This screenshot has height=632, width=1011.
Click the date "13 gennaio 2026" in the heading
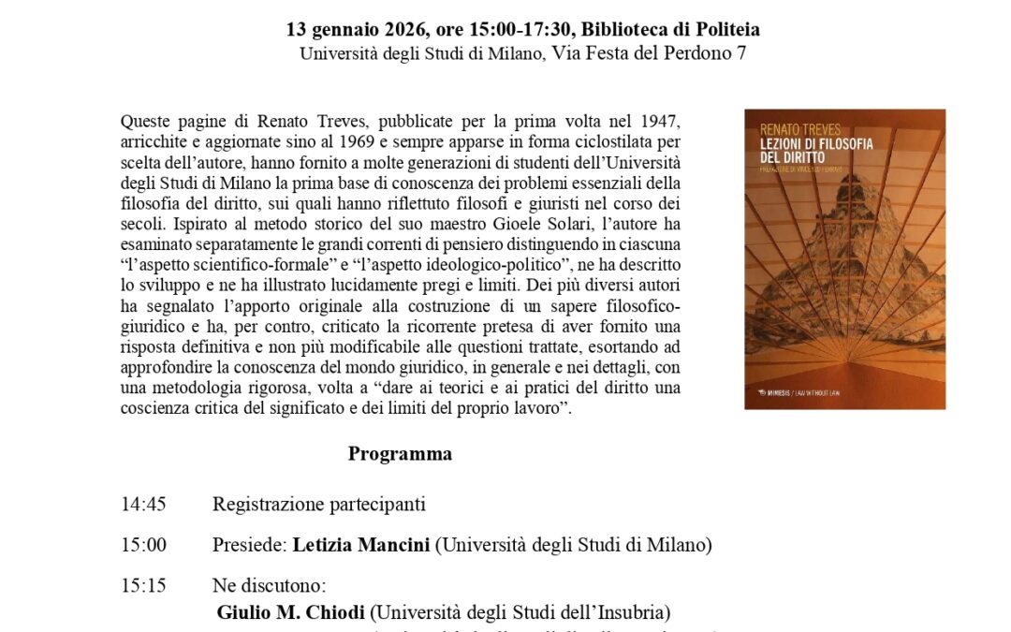point(345,29)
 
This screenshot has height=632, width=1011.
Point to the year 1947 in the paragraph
point(661,122)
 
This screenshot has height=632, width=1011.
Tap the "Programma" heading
point(400,454)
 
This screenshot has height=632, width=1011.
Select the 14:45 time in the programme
point(143,505)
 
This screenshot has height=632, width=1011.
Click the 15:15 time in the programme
point(143,586)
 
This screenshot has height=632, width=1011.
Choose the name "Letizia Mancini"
point(360,545)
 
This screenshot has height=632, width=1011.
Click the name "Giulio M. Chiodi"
point(291,613)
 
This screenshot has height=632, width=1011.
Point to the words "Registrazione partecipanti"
point(318,505)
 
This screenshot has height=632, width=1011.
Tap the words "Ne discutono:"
point(269,586)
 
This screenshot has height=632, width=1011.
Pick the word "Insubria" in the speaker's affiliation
point(634,613)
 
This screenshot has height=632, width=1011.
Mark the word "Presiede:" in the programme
point(250,545)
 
